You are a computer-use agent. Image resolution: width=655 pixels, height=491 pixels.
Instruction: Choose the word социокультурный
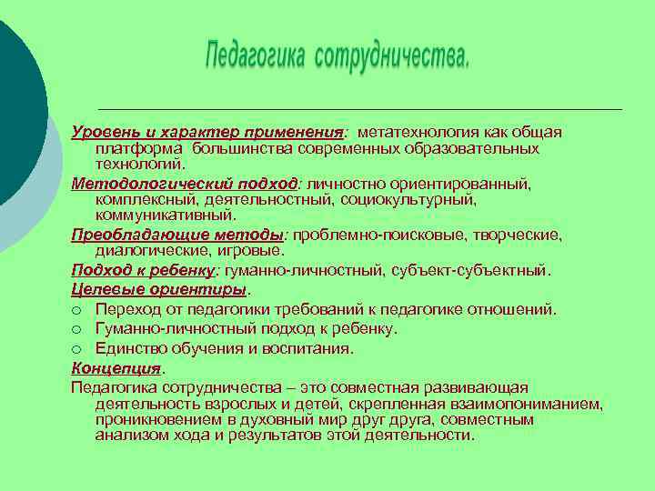coord(409,198)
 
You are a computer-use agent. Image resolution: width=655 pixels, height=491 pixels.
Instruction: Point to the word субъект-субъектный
coord(483,270)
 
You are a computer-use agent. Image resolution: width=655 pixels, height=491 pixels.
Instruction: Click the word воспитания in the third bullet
coord(308,348)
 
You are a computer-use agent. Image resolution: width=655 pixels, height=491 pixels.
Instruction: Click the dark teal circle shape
coord(14,100)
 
